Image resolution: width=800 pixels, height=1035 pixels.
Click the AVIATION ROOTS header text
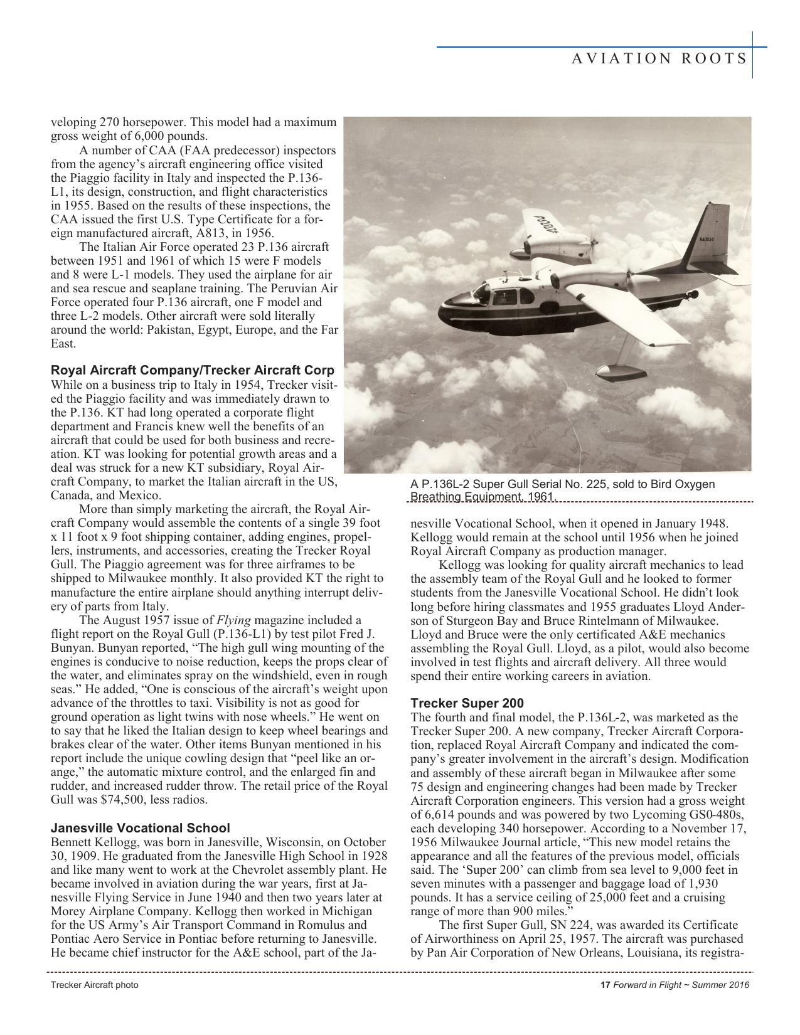pyautogui.click(x=659, y=59)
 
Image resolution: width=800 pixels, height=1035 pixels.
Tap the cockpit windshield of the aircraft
pyautogui.click(x=483, y=292)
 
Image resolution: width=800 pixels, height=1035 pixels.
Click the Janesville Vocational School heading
pyautogui.click(x=140, y=828)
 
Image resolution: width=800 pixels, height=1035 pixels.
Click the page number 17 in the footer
pyautogui.click(x=605, y=985)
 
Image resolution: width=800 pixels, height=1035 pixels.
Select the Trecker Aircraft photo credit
pyautogui.click(x=94, y=985)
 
